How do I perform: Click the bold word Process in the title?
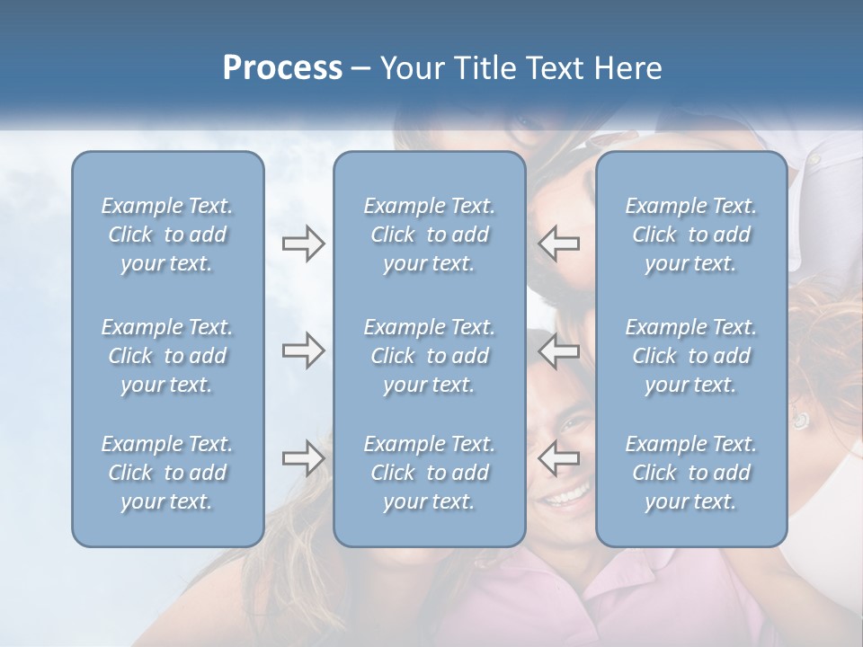pyautogui.click(x=282, y=67)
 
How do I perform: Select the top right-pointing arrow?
pyautogui.click(x=304, y=244)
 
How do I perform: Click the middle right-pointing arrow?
pyautogui.click(x=304, y=350)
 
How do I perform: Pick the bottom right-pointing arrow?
pyautogui.click(x=304, y=457)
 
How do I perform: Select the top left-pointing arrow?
pyautogui.click(x=559, y=244)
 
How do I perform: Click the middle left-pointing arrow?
pyautogui.click(x=559, y=350)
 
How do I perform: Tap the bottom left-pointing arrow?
pyautogui.click(x=559, y=457)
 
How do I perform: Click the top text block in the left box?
pyautogui.click(x=167, y=235)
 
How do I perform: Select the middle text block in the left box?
pyautogui.click(x=167, y=356)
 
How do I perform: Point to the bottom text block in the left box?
pyautogui.click(x=167, y=473)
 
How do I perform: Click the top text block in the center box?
pyautogui.click(x=430, y=235)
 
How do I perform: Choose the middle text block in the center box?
pyautogui.click(x=430, y=356)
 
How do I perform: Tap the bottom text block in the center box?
pyautogui.click(x=430, y=473)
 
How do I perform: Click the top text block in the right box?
pyautogui.click(x=691, y=235)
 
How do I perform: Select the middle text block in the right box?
pyautogui.click(x=691, y=356)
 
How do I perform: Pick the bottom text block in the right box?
pyautogui.click(x=691, y=473)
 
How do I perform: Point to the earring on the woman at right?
pyautogui.click(x=799, y=420)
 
